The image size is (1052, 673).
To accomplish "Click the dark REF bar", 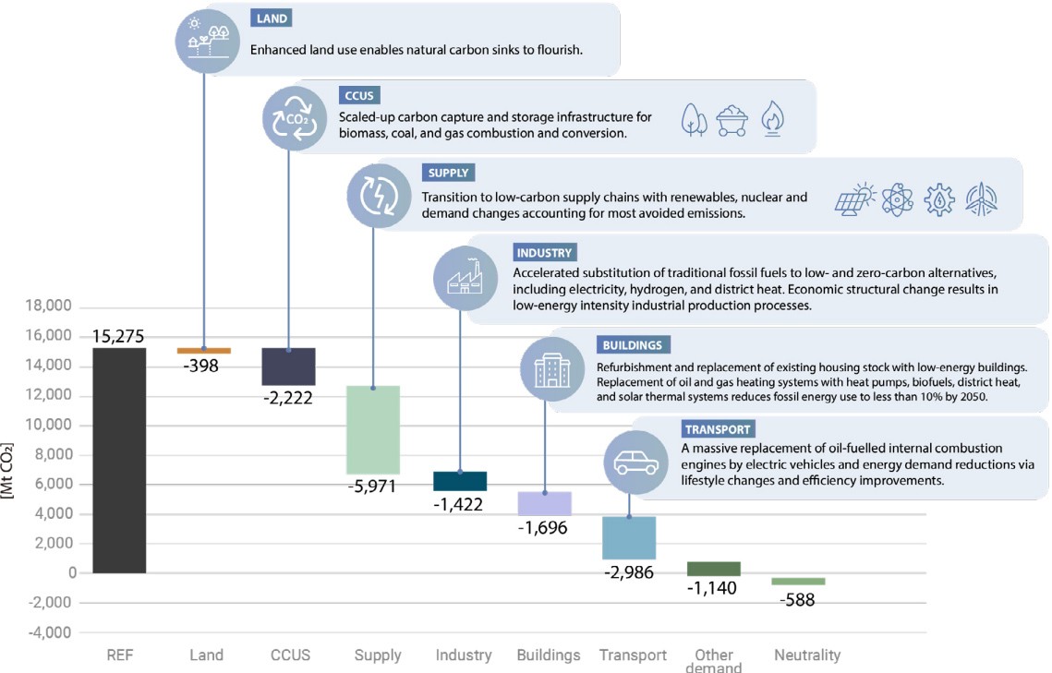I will click(x=119, y=461).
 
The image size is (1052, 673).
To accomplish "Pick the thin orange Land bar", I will click(x=204, y=351).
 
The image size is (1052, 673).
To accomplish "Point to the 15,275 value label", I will click(x=118, y=337).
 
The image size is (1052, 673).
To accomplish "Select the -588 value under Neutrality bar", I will click(x=799, y=599).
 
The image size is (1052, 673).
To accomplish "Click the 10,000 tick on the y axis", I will click(x=52, y=426).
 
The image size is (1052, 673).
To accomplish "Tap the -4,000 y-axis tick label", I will click(x=52, y=633).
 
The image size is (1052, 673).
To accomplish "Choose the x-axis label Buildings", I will click(x=549, y=655).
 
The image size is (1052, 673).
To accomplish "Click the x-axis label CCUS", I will click(x=290, y=655).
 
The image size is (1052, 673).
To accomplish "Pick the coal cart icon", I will click(x=732, y=120).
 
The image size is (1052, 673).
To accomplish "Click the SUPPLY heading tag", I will click(x=448, y=173).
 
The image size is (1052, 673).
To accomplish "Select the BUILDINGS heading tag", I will click(x=632, y=345).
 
